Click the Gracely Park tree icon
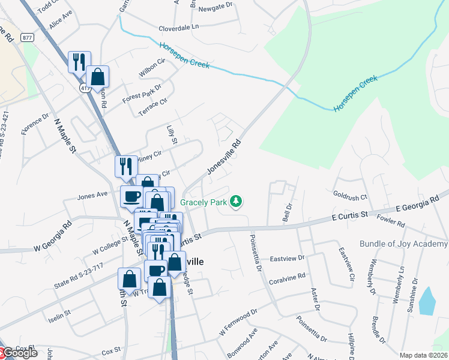click(237, 202)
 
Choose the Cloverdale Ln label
click(179, 28)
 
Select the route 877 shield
click(26, 37)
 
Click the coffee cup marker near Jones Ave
click(131, 196)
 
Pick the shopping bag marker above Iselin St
click(129, 278)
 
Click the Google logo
click(19, 353)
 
